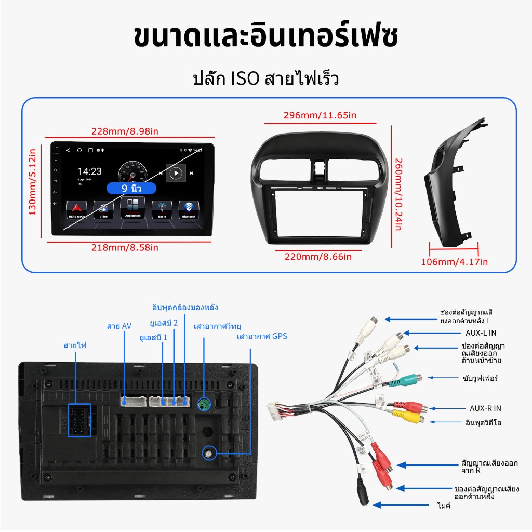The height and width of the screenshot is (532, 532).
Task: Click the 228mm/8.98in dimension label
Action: (x=125, y=131)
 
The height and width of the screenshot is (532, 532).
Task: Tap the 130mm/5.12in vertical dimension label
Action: (x=32, y=182)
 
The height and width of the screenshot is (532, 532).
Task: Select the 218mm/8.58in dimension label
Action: (x=125, y=247)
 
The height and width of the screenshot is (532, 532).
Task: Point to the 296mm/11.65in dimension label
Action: (x=320, y=115)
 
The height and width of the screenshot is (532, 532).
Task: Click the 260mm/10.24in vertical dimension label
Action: (x=398, y=194)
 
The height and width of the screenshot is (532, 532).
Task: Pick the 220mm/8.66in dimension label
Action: (x=318, y=256)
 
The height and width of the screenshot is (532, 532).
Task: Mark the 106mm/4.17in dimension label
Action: (x=454, y=262)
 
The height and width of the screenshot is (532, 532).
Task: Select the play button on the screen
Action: (x=176, y=173)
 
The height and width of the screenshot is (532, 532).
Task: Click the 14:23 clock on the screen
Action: (x=90, y=171)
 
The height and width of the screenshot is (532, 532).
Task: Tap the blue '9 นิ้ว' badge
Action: (x=131, y=188)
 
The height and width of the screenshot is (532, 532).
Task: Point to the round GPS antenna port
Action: (x=208, y=455)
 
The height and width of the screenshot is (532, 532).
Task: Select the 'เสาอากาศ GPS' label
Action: (x=262, y=336)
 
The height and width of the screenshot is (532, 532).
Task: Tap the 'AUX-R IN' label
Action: (x=485, y=408)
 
